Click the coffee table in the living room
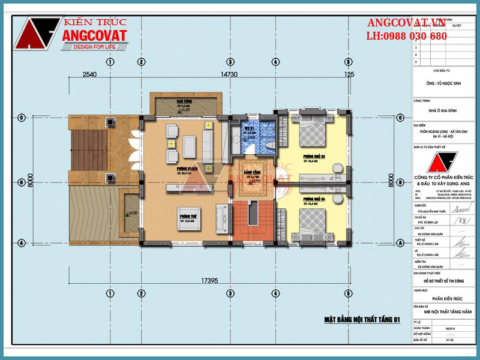click(190, 145)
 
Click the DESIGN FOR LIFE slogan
click(94, 46)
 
